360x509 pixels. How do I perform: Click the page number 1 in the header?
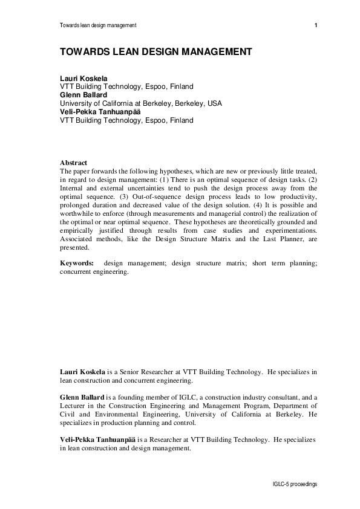point(316,25)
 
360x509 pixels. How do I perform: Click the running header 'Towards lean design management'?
point(98,25)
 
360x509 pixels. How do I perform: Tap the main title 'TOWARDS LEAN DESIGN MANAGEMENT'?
point(155,52)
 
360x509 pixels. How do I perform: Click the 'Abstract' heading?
point(73,163)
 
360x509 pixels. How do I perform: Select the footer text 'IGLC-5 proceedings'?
point(295,485)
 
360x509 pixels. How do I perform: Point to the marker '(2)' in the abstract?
point(312,180)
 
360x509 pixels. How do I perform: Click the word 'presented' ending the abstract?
point(74,248)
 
